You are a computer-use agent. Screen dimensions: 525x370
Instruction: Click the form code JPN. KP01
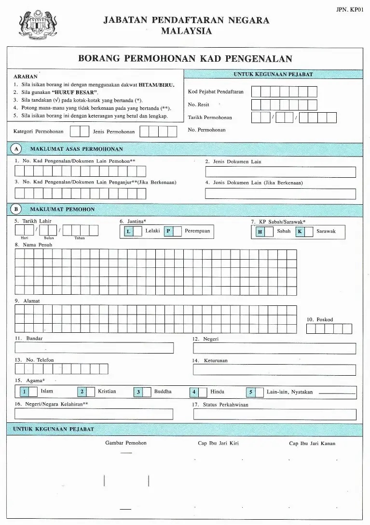pyautogui.click(x=350, y=9)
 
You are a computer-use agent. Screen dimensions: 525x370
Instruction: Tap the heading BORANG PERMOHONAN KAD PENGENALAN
pyautogui.click(x=185, y=59)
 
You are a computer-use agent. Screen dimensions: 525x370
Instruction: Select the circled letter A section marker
pyautogui.click(x=16, y=149)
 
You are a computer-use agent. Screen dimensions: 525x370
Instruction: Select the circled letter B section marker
pyautogui.click(x=16, y=209)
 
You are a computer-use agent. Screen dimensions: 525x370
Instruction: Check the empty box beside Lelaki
pyautogui.click(x=137, y=232)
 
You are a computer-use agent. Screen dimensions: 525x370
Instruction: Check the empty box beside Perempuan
pyautogui.click(x=178, y=232)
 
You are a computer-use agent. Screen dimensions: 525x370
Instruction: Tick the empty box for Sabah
pyautogui.click(x=269, y=232)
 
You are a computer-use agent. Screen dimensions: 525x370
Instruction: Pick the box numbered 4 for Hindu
pyautogui.click(x=194, y=392)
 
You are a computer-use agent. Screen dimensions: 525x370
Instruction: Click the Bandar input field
pyautogui.click(x=94, y=348)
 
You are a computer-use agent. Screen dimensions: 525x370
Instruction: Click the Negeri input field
pyautogui.click(x=274, y=348)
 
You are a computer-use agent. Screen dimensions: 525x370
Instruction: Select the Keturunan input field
pyautogui.click(x=274, y=370)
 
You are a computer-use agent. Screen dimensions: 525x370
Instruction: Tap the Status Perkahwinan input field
pyautogui.click(x=274, y=414)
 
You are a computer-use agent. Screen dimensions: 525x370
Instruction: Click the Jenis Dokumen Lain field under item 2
pyautogui.click(x=280, y=172)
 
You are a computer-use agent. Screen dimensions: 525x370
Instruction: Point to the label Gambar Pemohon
pyautogui.click(x=126, y=443)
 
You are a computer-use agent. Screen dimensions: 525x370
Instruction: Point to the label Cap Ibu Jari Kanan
pyautogui.click(x=312, y=444)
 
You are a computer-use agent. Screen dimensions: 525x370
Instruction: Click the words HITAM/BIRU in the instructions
pyautogui.click(x=157, y=84)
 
